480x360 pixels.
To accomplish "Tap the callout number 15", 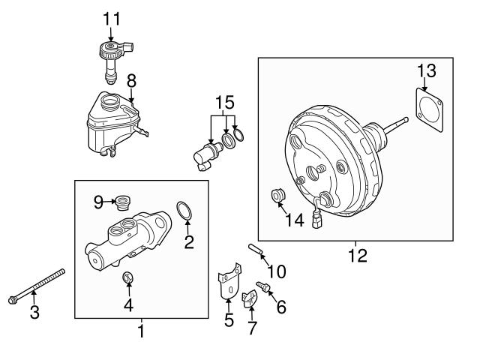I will [x=224, y=100].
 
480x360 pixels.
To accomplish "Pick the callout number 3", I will [x=34, y=313].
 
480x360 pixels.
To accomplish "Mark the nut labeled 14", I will [x=277, y=197].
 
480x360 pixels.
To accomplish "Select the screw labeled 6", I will [x=265, y=286].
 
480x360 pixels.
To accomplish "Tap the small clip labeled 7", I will [x=250, y=301].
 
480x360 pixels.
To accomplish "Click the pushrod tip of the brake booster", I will [x=406, y=118].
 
